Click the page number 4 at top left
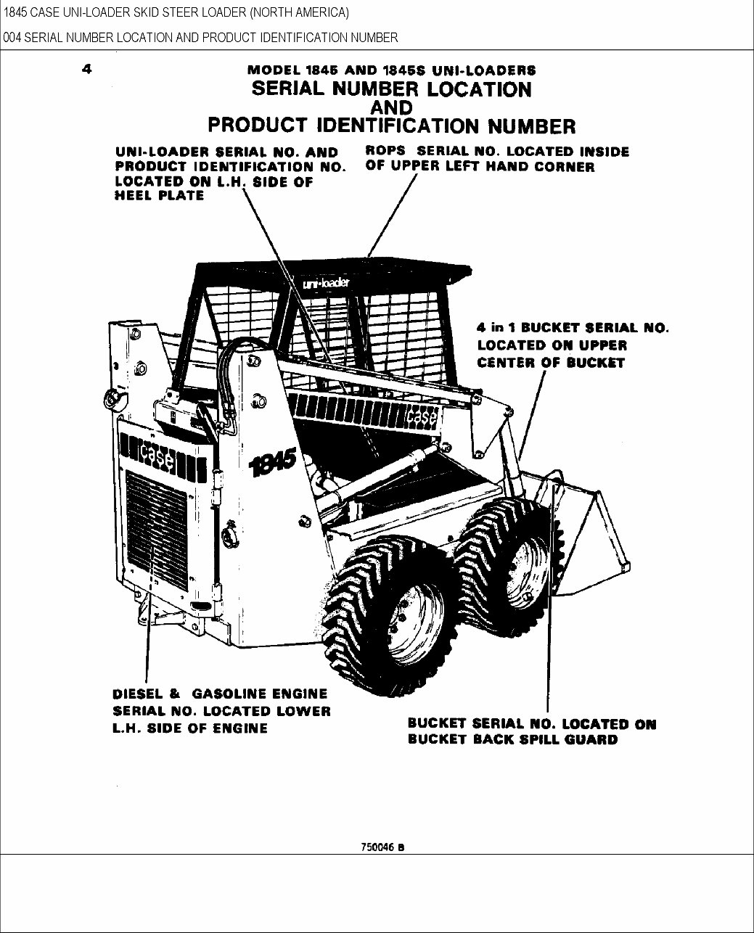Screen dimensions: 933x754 pos(86,70)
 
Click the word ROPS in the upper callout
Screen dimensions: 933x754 pos(385,152)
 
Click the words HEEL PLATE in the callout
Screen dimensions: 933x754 pos(159,196)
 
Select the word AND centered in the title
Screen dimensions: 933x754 pos(391,107)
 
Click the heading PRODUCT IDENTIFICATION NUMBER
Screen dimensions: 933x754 pos(391,126)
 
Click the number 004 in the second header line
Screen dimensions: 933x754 pos(12,37)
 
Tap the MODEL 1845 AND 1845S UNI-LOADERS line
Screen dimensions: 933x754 pos(391,70)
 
